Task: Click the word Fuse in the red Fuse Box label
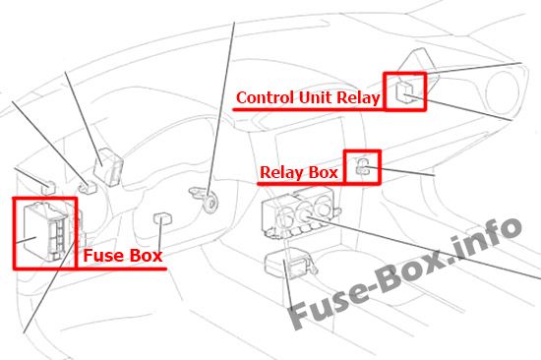click(103, 256)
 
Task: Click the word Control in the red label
click(265, 97)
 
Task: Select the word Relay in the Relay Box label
click(280, 172)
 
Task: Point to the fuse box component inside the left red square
click(45, 231)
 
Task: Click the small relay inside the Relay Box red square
click(363, 166)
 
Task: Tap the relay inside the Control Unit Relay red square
click(404, 91)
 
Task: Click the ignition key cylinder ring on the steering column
click(210, 203)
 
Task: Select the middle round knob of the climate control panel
click(304, 213)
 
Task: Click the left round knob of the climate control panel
click(285, 217)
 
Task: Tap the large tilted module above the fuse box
click(108, 167)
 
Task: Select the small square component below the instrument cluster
click(162, 218)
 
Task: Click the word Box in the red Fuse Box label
click(146, 256)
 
